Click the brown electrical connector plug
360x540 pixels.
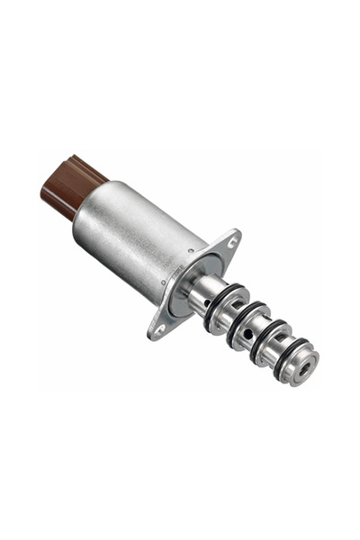[68, 184]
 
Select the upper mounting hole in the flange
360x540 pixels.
[233, 243]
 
